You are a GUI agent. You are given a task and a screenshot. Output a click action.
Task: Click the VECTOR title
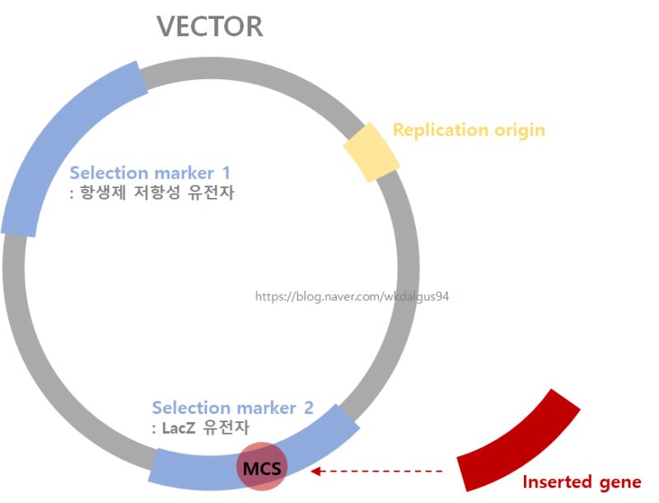click(210, 26)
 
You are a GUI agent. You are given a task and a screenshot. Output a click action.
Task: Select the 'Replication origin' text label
click(469, 129)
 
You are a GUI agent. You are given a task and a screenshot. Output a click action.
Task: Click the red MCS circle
click(261, 467)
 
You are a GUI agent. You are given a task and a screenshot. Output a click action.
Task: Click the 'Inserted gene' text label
click(582, 482)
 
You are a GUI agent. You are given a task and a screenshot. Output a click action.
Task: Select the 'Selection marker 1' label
click(150, 173)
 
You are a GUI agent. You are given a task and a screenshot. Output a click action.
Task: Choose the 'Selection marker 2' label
click(232, 407)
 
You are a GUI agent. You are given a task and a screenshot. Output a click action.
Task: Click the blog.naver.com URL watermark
click(352, 296)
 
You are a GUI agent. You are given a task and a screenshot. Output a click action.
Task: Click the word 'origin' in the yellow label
click(519, 129)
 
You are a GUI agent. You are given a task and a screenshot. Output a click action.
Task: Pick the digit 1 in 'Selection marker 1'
click(226, 173)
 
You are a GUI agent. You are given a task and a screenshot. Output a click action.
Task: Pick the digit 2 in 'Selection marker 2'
click(308, 407)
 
